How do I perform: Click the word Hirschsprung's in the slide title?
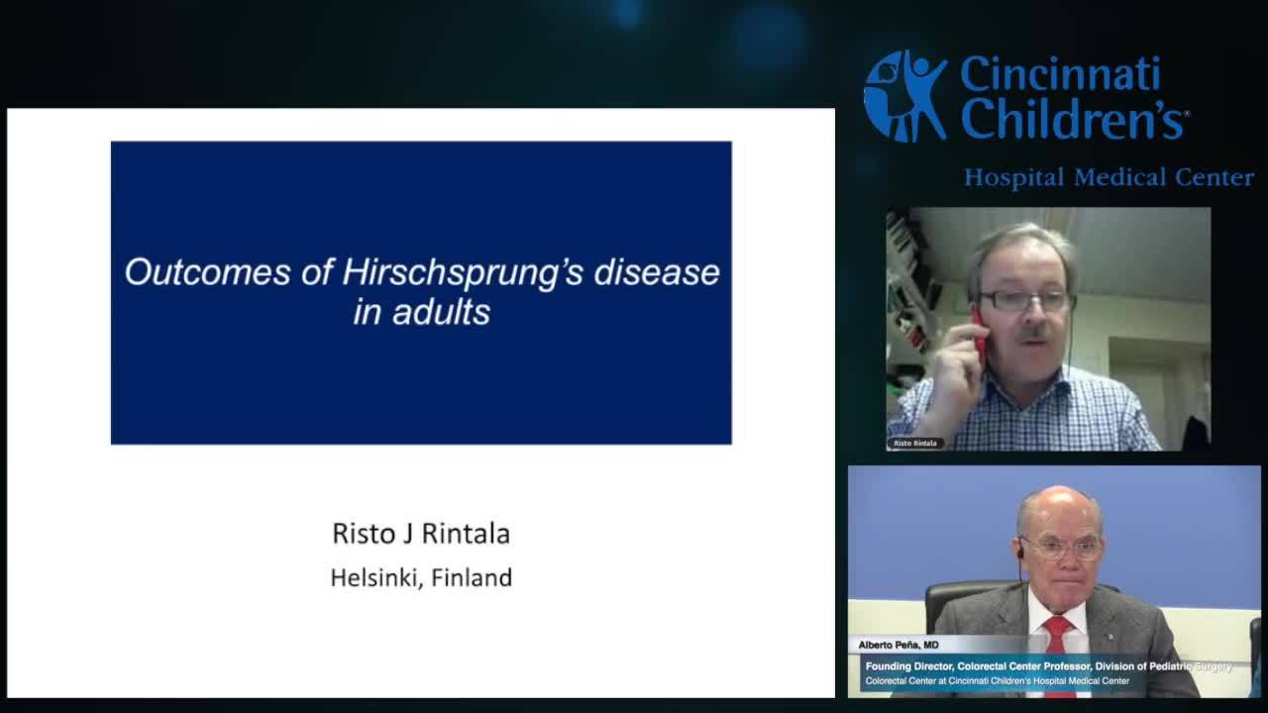(463, 273)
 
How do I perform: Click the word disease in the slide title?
(657, 272)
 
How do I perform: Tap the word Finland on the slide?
(472, 577)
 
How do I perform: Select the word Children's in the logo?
(1074, 120)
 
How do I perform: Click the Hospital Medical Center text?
(1109, 178)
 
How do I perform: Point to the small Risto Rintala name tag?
(915, 443)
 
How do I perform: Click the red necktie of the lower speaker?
(1058, 654)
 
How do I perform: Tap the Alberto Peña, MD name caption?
(898, 645)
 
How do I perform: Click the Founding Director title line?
(1048, 666)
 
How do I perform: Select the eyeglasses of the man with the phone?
(1024, 300)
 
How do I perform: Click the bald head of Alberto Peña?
(1058, 506)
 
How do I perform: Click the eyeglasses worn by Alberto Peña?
(1061, 547)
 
